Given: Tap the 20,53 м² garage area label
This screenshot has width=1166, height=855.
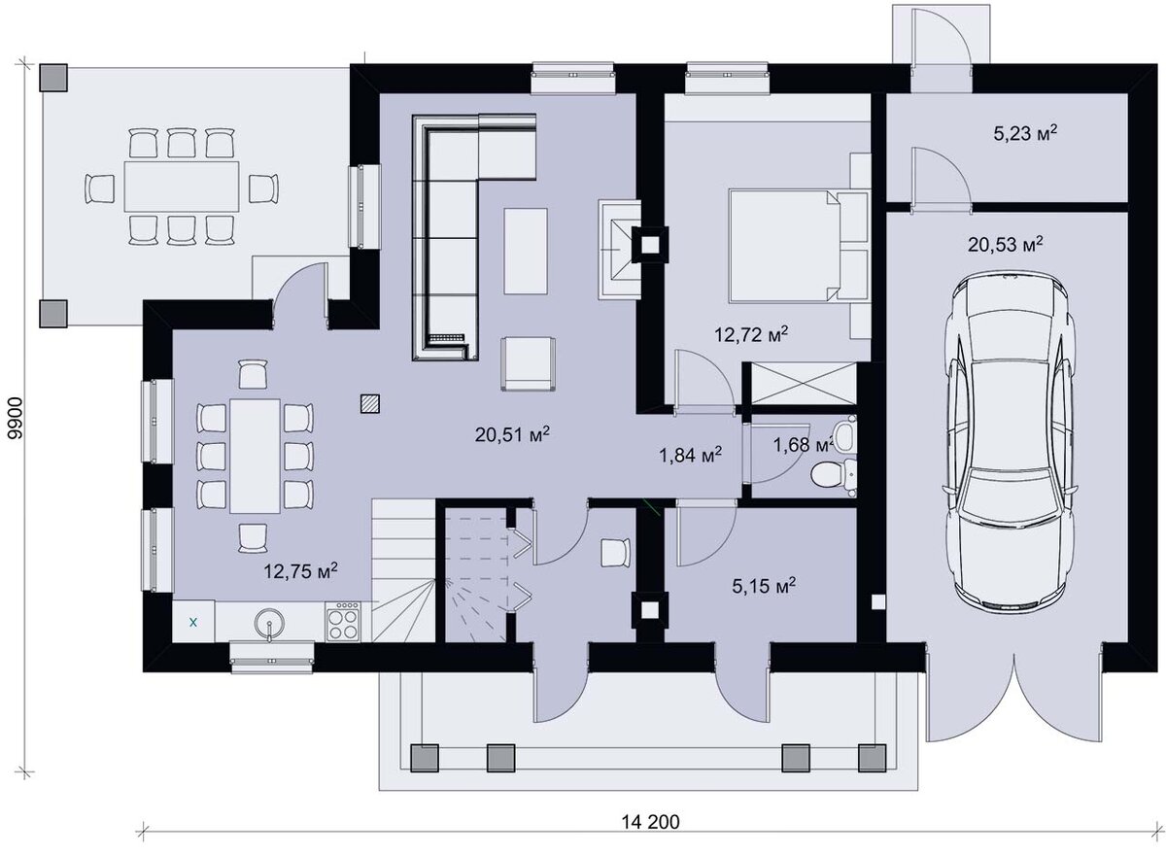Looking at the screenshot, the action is click(x=1005, y=244).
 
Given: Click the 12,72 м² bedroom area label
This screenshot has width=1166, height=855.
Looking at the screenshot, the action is click(x=750, y=333).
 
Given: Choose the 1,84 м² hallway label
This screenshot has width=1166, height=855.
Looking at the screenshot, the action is click(x=690, y=455).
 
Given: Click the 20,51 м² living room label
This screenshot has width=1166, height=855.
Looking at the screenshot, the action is click(x=512, y=434).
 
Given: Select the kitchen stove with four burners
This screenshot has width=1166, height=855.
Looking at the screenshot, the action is click(x=342, y=622).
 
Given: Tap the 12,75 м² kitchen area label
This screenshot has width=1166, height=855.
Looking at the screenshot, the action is click(x=301, y=571).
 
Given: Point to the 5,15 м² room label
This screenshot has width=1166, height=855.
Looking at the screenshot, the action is click(x=764, y=586).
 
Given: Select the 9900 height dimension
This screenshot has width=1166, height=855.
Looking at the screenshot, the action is click(x=17, y=419).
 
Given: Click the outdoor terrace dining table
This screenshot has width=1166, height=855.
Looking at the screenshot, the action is click(x=181, y=186).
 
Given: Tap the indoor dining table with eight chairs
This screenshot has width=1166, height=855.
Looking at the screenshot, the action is click(x=255, y=456).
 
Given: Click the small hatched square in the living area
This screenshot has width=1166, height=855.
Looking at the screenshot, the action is click(x=369, y=403).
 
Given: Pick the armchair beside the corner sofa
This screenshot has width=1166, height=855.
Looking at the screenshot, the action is click(x=528, y=363).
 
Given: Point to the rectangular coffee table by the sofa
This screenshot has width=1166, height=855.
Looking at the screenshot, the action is click(x=526, y=251).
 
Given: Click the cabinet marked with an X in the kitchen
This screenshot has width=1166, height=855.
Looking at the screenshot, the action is click(x=193, y=622).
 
